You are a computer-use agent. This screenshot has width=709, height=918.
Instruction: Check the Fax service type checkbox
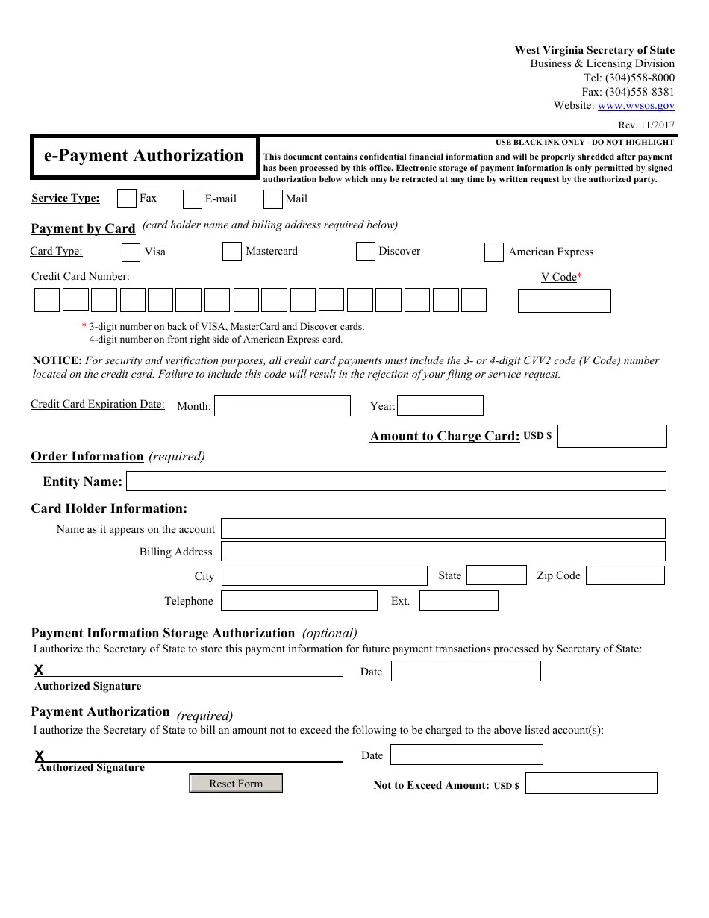point(127,199)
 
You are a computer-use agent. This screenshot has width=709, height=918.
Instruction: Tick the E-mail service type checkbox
point(193,199)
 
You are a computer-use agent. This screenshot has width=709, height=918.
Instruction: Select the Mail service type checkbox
point(273,199)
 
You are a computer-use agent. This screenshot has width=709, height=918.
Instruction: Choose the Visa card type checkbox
point(131,252)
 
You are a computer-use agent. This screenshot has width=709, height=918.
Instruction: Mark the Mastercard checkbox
point(232,252)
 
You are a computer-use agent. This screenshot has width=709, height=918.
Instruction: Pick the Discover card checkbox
point(365,252)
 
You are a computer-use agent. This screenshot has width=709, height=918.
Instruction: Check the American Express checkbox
point(493,252)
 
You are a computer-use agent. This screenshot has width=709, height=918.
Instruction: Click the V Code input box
point(564,301)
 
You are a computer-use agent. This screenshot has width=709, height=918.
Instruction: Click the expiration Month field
point(282,406)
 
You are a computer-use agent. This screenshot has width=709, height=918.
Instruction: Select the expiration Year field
point(440,405)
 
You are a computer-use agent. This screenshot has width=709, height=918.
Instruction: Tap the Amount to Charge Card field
point(612,436)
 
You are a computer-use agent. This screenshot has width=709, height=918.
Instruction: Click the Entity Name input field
point(396,481)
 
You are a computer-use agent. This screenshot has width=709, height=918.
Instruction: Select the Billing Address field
point(443,552)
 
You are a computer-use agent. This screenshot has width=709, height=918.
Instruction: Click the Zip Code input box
point(625,575)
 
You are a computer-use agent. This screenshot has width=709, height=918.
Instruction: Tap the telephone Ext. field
point(458,600)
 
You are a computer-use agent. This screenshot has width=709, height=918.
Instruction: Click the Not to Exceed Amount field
point(591,783)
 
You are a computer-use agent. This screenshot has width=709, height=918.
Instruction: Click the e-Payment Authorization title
point(144,156)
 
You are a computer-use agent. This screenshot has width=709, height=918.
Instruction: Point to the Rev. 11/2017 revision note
point(646,125)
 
